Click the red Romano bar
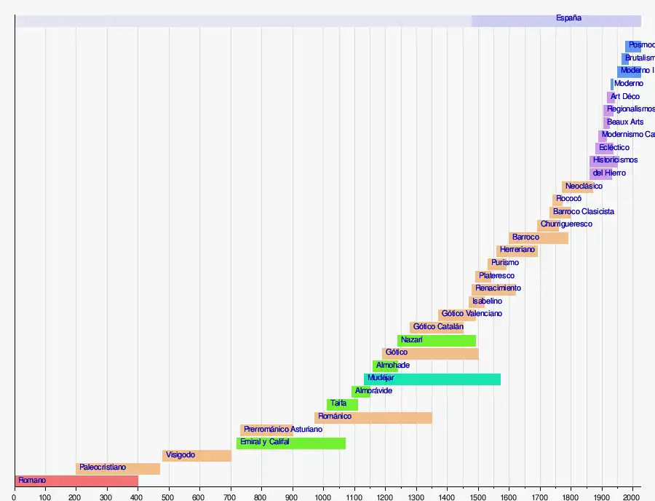pos(76,481)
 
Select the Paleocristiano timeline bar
pos(117,468)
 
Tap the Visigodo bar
pos(196,455)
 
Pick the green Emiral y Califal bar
pos(291,443)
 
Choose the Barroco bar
pos(539,237)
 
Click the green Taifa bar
pos(342,404)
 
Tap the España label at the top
pos(568,18)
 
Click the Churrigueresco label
pos(566,224)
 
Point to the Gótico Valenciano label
pos(472,314)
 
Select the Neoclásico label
pos(584,186)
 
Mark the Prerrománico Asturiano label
pos(283,430)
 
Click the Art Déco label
pos(625,97)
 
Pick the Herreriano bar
pos(517,250)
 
